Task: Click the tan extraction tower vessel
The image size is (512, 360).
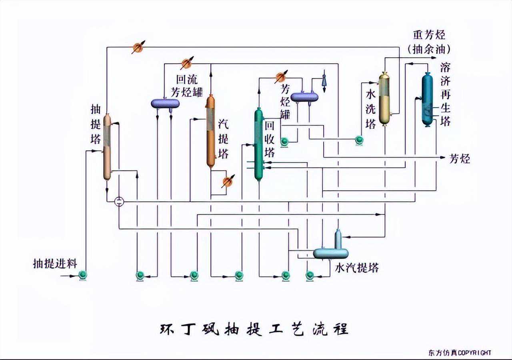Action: pyautogui.click(x=107, y=147)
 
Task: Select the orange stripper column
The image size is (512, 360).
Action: pyautogui.click(x=211, y=131)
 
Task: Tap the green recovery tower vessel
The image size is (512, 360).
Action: pyautogui.click(x=259, y=144)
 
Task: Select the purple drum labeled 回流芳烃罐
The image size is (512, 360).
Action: pyautogui.click(x=165, y=103)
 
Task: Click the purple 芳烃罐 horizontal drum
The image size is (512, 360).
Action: pyautogui.click(x=304, y=96)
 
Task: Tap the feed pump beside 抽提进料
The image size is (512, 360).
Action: pyautogui.click(x=83, y=275)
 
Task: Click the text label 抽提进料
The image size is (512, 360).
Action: pyautogui.click(x=55, y=264)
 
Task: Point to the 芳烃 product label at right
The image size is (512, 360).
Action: pyautogui.click(x=460, y=159)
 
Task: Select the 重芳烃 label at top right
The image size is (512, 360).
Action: pyautogui.click(x=429, y=35)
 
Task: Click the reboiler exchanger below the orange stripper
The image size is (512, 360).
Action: pyautogui.click(x=227, y=182)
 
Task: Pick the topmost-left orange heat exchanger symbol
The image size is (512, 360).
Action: pyautogui.click(x=137, y=48)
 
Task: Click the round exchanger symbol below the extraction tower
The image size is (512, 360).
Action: pyautogui.click(x=119, y=202)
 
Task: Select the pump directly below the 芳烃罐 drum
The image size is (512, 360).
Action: pyautogui.click(x=285, y=141)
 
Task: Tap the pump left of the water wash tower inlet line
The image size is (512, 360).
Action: pyautogui.click(x=358, y=140)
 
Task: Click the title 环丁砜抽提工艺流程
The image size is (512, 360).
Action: pyautogui.click(x=254, y=329)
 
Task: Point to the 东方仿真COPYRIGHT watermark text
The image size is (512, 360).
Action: pyautogui.click(x=459, y=352)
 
